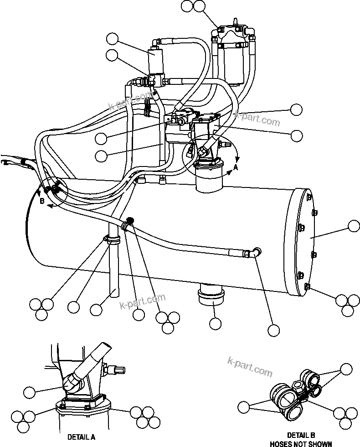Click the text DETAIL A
click(81, 437)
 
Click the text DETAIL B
click(301, 435)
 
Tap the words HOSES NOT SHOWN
click(301, 443)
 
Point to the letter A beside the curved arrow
click(236, 167)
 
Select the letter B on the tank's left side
click(41, 200)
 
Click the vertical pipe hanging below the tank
click(113, 269)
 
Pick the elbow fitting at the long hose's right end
click(254, 253)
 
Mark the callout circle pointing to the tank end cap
click(354, 227)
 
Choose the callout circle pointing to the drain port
click(215, 323)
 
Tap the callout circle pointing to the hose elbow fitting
click(273, 330)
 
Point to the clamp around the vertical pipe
click(112, 240)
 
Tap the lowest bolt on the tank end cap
click(306, 286)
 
